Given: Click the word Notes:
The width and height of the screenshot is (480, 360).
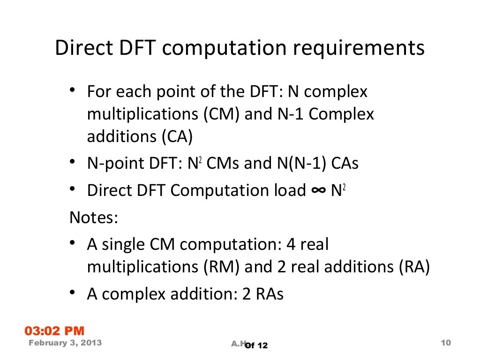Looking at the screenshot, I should click(x=94, y=218).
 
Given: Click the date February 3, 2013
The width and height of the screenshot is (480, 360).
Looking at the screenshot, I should click(x=65, y=343).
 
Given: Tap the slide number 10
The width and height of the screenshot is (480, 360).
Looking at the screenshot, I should click(x=446, y=343).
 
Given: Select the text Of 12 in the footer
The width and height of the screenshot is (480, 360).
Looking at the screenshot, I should click(x=256, y=345).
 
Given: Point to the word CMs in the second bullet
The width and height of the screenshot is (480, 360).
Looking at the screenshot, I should click(x=223, y=164).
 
